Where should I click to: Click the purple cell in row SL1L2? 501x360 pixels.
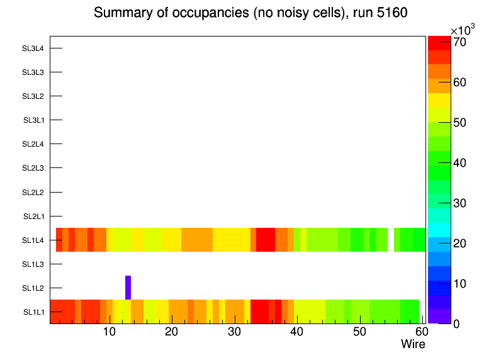pos(128,288)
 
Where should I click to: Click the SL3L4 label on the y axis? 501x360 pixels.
pos(33,48)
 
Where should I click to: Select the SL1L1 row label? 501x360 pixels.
pos(34,312)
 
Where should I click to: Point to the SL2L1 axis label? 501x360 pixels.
pos(34,217)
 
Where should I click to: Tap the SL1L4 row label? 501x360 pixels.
pos(34,240)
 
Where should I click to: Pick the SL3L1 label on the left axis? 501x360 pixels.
pos(34,120)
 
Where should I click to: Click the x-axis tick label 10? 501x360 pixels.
pos(109,332)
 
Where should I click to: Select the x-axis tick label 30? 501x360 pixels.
pos(234,332)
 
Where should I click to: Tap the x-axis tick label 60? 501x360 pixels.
pos(420,332)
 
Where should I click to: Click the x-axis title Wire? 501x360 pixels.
pos(413,344)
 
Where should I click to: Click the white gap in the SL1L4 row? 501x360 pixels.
pos(391,240)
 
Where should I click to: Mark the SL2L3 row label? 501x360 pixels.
pos(33,168)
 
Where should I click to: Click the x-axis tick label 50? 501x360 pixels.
pos(359,332)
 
